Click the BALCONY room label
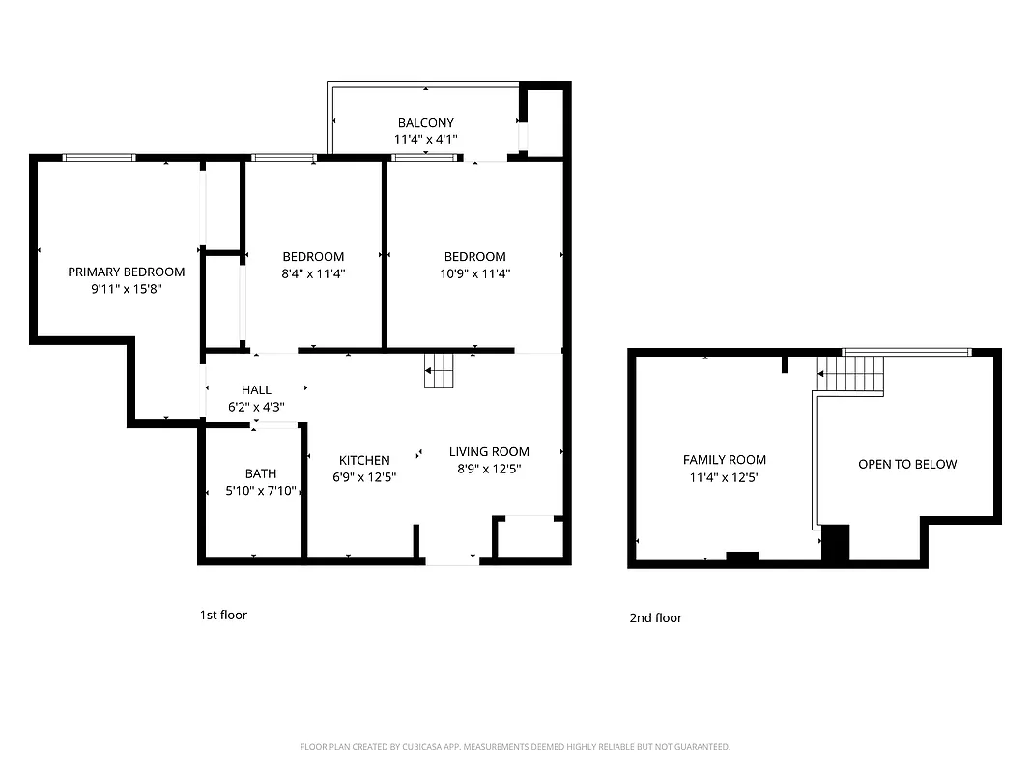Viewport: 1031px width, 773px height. coord(425,123)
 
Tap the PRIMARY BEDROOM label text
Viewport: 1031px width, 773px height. coord(126,272)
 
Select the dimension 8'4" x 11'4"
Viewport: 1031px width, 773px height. coord(313,273)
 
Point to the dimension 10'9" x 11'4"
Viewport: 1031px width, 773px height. coord(474,273)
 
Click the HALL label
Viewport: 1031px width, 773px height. coord(256,389)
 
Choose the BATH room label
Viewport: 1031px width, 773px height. coord(260,473)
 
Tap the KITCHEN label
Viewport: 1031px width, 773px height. coord(364,460)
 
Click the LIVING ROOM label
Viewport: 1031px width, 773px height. coord(489,451)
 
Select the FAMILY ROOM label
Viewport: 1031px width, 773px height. coord(724,460)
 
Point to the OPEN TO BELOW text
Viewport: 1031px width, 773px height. coord(907,464)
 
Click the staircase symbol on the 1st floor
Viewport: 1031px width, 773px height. coord(439,370)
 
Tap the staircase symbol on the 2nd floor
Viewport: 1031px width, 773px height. coord(851,373)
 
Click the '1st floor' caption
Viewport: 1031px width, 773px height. coord(223,615)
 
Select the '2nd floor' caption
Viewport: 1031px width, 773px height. coord(655,617)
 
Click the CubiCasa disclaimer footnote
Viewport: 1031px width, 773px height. coord(515,747)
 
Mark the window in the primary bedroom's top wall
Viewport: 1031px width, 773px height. coord(99,157)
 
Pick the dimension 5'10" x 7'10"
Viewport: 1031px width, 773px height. coord(260,491)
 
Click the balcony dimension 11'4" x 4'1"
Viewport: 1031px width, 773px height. coord(425,140)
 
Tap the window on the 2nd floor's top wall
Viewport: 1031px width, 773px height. coord(906,352)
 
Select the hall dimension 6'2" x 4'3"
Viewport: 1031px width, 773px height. coord(256,407)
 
